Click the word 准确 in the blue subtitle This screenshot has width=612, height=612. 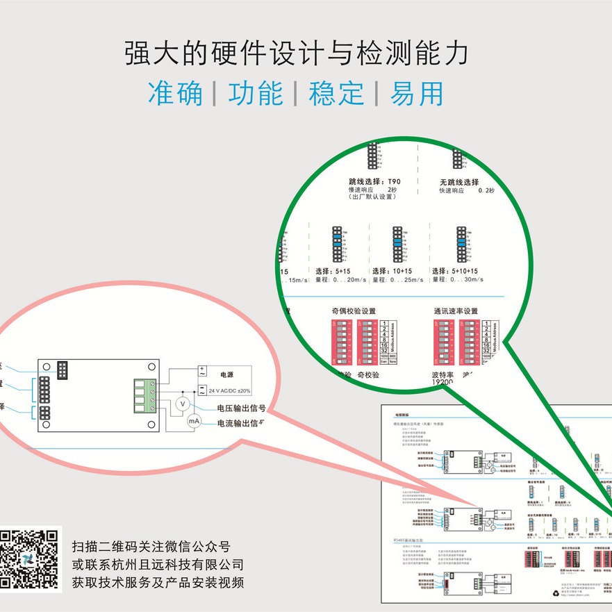pos(175,93)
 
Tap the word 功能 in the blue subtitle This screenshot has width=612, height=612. pos(256,93)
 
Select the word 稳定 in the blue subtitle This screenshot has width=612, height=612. pos(336,93)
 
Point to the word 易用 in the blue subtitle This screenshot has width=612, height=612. pos(416,93)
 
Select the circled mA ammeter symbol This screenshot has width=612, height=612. pos(193,420)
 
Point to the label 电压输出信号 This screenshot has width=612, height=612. pos(241,408)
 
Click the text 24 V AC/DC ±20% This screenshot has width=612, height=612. pos(230,390)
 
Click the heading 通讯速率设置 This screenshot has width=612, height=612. pos(456,311)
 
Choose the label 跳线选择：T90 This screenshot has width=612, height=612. pos(374,181)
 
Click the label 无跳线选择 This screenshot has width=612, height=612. pos(459,182)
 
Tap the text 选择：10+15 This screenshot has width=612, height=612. pos(392,271)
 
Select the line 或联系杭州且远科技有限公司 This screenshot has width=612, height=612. pos(158,564)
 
